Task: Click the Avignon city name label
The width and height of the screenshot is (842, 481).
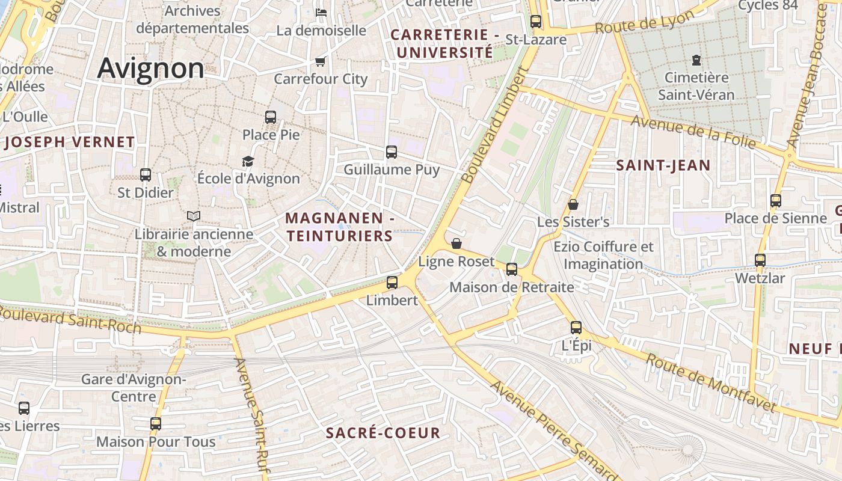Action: (x=150, y=68)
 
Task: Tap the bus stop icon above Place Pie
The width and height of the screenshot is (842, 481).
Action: (x=271, y=117)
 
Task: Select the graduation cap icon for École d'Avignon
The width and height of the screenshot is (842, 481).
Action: (x=248, y=161)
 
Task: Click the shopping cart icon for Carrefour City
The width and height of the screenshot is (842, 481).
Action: (x=321, y=61)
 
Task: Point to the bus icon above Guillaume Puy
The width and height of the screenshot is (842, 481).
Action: (x=392, y=152)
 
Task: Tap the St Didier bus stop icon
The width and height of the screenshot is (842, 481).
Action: (x=146, y=175)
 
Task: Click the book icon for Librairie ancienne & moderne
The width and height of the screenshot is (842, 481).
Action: (x=193, y=216)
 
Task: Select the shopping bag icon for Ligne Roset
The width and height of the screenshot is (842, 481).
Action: (x=456, y=244)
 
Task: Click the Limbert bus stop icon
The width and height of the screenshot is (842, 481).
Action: (x=392, y=282)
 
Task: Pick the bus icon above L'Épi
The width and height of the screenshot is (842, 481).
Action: (x=576, y=328)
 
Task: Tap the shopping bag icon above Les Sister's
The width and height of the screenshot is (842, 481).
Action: (x=573, y=204)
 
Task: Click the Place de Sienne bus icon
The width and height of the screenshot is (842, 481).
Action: (x=776, y=201)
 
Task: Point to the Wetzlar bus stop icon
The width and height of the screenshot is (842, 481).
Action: (x=760, y=260)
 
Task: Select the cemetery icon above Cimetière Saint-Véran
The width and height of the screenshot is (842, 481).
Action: (x=696, y=60)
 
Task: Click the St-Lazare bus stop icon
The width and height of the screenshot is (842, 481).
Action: (x=536, y=22)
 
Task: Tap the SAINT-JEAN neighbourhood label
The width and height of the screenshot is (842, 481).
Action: (x=663, y=165)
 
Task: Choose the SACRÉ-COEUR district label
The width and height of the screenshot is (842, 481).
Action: (x=383, y=433)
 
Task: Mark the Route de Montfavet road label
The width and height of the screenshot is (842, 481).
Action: (x=711, y=383)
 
